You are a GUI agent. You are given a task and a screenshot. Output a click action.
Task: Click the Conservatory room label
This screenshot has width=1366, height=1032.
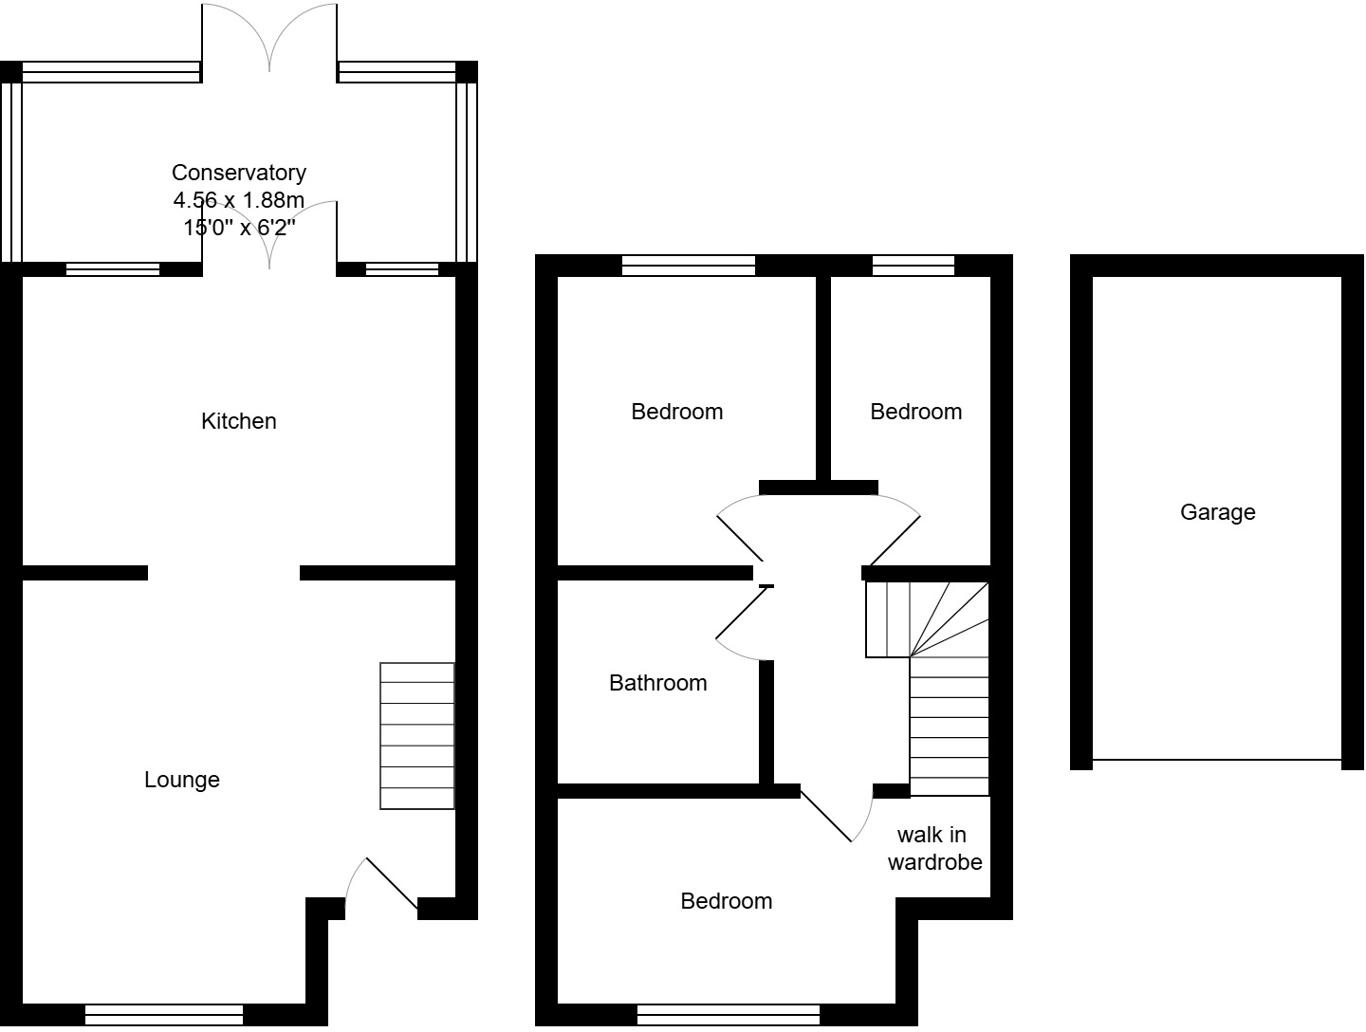pos(238,173)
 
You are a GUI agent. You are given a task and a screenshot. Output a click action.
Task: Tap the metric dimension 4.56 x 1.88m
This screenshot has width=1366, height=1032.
pos(238,200)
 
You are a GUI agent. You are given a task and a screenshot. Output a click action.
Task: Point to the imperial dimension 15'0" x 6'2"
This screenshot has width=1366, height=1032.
pos(238,228)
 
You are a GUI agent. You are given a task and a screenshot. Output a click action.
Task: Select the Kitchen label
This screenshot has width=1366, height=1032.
pos(238,421)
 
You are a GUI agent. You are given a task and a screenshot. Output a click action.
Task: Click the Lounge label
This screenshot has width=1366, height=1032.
pos(181,780)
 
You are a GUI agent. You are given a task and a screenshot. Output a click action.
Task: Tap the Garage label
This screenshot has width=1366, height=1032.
pos(1217,512)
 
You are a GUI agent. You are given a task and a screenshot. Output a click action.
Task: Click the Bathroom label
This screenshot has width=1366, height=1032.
pos(657,683)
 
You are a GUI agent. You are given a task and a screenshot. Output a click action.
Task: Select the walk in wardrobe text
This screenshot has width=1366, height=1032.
pos(934,848)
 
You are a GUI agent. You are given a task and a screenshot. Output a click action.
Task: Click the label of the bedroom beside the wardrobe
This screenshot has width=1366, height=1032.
pos(726,901)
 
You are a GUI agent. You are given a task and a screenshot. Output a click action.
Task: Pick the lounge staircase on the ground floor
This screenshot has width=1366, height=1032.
pos(416,736)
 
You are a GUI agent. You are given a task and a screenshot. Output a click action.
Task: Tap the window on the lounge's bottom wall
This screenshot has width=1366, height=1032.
pos(164,1014)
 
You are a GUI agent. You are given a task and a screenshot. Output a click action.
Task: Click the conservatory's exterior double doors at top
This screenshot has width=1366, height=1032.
pos(269,38)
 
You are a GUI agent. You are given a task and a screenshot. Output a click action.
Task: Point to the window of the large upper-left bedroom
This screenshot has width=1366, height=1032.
pos(688,266)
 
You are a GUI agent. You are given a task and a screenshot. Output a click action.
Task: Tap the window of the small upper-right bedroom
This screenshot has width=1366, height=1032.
pos(913,266)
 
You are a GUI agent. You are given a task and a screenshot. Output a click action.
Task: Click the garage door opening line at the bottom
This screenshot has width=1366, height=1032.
pos(1217,760)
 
